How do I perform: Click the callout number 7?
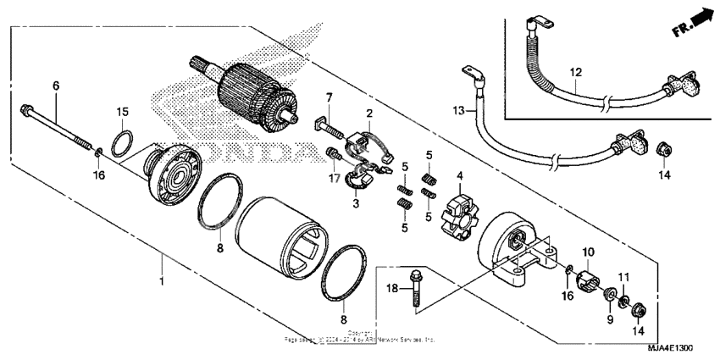pyautogui.click(x=330, y=98)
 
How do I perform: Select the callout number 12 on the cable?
pyautogui.click(x=574, y=74)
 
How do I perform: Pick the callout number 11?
pyautogui.click(x=623, y=278)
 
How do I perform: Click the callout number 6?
pyautogui.click(x=56, y=86)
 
